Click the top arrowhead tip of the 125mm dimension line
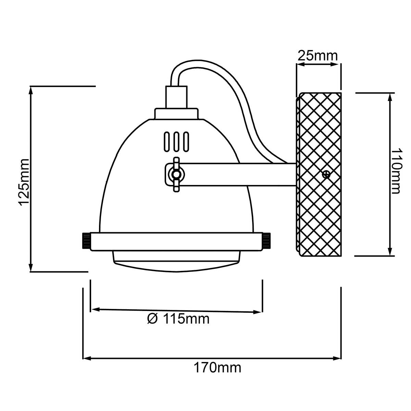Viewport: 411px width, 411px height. (x=31, y=87)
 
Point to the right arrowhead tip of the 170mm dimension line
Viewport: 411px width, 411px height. (x=341, y=358)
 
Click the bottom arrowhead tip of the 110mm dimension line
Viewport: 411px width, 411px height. (x=390, y=256)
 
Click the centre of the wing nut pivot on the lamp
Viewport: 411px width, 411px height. (x=176, y=174)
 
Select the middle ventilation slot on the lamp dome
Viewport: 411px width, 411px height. (x=176, y=142)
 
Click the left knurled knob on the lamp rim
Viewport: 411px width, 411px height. (x=86, y=241)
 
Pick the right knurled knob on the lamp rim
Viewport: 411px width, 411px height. (x=266, y=241)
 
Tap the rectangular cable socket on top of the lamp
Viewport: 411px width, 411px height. (x=177, y=97)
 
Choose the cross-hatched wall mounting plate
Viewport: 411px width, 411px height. (x=319, y=174)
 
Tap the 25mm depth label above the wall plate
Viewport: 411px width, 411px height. (x=317, y=56)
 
